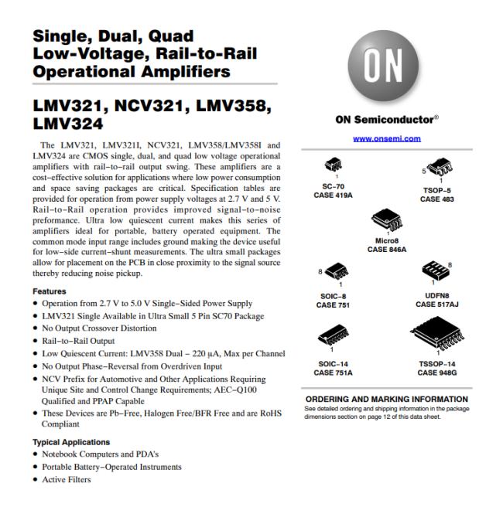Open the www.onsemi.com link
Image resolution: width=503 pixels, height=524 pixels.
(387, 138)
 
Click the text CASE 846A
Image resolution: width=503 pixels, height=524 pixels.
(387, 250)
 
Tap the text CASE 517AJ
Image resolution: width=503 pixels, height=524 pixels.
(437, 305)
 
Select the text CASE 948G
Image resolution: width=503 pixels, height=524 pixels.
(437, 373)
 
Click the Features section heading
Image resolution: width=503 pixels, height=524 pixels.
(49, 291)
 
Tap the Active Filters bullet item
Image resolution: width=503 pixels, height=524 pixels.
(68, 480)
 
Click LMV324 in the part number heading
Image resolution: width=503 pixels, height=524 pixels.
(69, 123)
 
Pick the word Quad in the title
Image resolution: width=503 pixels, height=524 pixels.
(169, 36)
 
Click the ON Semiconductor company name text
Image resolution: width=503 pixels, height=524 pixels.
(384, 120)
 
